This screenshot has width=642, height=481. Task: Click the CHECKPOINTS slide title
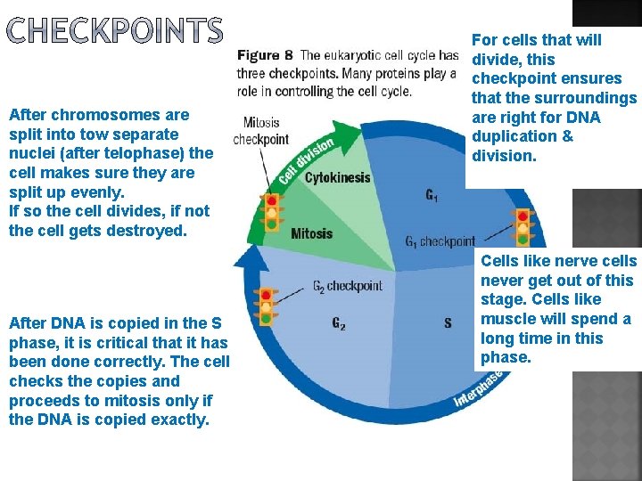pyautogui.click(x=114, y=31)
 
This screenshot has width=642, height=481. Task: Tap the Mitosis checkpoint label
pyautogui.click(x=261, y=131)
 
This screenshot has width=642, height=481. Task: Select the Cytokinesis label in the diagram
pyautogui.click(x=337, y=177)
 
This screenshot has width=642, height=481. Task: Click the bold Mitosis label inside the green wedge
pyautogui.click(x=311, y=233)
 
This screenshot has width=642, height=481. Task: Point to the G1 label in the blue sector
pyautogui.click(x=432, y=194)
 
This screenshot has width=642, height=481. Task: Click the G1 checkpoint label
pyautogui.click(x=440, y=241)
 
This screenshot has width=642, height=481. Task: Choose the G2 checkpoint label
pyautogui.click(x=347, y=286)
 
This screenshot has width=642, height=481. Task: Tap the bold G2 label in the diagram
pyautogui.click(x=339, y=324)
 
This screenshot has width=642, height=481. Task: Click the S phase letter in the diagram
pyautogui.click(x=448, y=323)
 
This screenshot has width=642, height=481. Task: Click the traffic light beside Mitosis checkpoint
pyautogui.click(x=272, y=213)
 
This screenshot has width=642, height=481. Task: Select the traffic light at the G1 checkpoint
pyautogui.click(x=523, y=226)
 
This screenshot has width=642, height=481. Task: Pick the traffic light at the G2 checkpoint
pyautogui.click(x=266, y=306)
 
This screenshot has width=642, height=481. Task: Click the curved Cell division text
pyautogui.click(x=308, y=159)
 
